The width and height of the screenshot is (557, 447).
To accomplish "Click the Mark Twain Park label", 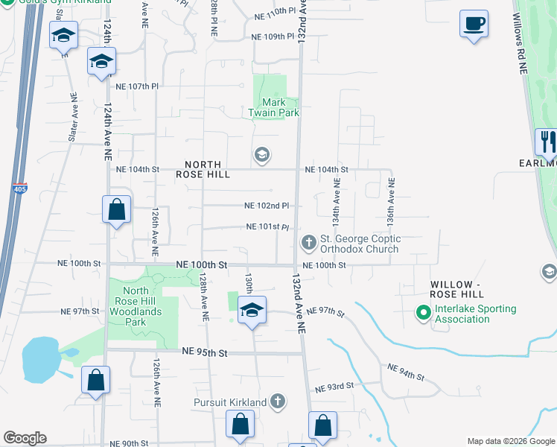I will (273, 107).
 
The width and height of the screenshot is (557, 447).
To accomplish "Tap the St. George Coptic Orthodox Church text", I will (360, 244).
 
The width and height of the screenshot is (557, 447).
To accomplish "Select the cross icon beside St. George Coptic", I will (308, 243).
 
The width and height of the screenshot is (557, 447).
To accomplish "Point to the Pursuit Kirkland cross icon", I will (278, 402).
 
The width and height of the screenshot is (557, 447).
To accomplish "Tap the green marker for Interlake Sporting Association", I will (424, 313).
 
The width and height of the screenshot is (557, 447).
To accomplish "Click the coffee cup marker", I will (474, 24).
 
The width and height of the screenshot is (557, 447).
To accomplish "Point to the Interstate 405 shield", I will (20, 190).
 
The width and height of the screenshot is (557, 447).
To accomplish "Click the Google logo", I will (25, 438).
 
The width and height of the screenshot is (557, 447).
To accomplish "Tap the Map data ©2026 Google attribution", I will (509, 441).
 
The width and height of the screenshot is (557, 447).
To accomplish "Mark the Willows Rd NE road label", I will (520, 45).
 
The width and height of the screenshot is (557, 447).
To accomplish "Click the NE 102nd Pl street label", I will (267, 206).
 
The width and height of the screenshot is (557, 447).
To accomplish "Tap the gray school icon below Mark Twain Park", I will (261, 156).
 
